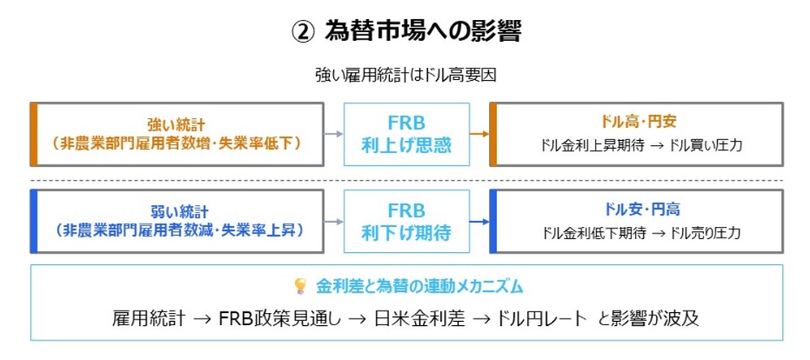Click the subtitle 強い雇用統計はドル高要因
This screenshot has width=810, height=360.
coord(405,76)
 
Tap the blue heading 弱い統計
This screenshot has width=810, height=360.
coord(177,211)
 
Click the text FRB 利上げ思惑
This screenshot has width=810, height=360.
coord(406,134)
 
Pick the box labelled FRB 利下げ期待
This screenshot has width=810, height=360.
coord(406,221)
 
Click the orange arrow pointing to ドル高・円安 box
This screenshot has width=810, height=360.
coord(479,134)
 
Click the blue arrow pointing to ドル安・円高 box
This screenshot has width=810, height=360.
coord(479,221)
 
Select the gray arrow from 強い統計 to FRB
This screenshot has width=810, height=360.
coord(334,134)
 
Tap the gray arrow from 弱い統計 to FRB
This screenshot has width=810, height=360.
coord(334,221)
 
